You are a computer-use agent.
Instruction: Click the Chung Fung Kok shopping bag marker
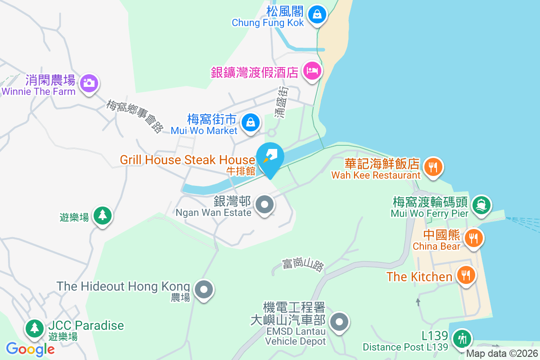(x=318, y=15)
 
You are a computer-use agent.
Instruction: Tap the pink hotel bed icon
(x=312, y=70)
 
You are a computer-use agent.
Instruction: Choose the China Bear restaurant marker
(x=472, y=237)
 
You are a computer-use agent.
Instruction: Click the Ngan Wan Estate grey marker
(x=265, y=205)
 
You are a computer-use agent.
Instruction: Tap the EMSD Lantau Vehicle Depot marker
(x=339, y=322)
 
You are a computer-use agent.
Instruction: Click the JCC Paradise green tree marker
(x=34, y=328)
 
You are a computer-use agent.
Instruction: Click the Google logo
(x=30, y=349)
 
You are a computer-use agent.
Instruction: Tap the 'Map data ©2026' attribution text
(x=502, y=354)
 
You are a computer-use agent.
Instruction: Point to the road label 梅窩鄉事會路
(x=135, y=116)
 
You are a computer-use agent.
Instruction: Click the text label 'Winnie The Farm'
(x=39, y=92)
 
